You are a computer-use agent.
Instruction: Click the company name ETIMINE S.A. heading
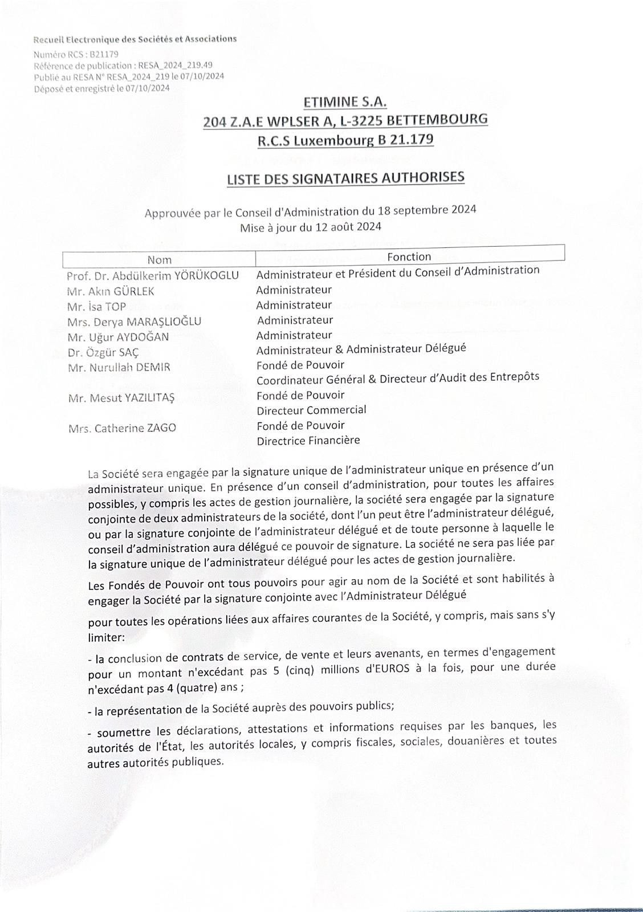click(x=345, y=103)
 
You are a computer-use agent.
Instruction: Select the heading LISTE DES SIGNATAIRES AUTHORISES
click(x=345, y=178)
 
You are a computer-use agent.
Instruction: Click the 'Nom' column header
click(x=159, y=259)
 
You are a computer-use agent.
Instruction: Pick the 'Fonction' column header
click(x=409, y=256)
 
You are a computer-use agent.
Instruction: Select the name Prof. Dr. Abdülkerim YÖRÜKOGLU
click(x=152, y=276)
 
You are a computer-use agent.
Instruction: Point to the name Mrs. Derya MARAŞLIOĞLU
click(x=134, y=321)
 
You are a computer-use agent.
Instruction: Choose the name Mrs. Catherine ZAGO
click(x=121, y=427)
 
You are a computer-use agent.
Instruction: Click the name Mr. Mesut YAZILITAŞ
click(x=121, y=398)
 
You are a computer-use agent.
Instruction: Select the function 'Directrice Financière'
click(x=308, y=440)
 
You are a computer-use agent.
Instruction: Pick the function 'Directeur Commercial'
click(x=311, y=410)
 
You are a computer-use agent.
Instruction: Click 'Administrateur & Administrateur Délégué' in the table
click(x=361, y=348)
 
